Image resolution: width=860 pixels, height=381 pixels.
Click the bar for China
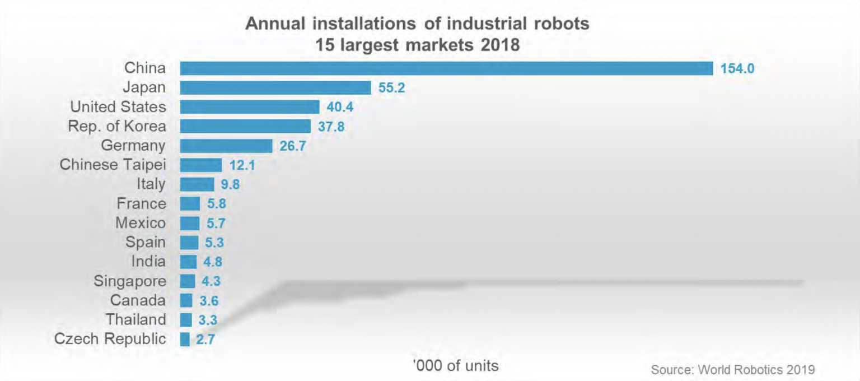tap(446, 68)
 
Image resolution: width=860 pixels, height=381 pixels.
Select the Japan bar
tap(275, 87)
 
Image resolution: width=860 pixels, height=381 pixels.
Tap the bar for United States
tap(249, 107)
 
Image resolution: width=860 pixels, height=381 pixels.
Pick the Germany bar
tap(226, 146)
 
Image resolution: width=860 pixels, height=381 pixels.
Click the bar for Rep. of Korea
tap(245, 126)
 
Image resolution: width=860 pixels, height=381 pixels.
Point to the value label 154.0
tap(737, 69)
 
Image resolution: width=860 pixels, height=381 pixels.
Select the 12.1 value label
tap(242, 165)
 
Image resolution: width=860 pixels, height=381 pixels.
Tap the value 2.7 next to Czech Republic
tap(205, 340)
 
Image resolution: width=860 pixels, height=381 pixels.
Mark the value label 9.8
tap(230, 184)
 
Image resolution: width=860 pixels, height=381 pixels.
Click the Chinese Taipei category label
tap(113, 165)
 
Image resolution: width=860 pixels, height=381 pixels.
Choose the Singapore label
tap(130, 281)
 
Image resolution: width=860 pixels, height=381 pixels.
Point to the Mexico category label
tap(141, 222)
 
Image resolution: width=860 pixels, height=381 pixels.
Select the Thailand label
tap(136, 319)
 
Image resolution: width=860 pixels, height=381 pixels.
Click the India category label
tap(148, 261)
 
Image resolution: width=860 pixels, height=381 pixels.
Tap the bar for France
tap(190, 204)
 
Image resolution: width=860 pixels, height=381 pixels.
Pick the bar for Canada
tap(186, 300)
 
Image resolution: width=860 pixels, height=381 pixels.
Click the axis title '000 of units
tap(455, 366)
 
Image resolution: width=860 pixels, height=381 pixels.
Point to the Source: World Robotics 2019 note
tap(732, 370)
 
